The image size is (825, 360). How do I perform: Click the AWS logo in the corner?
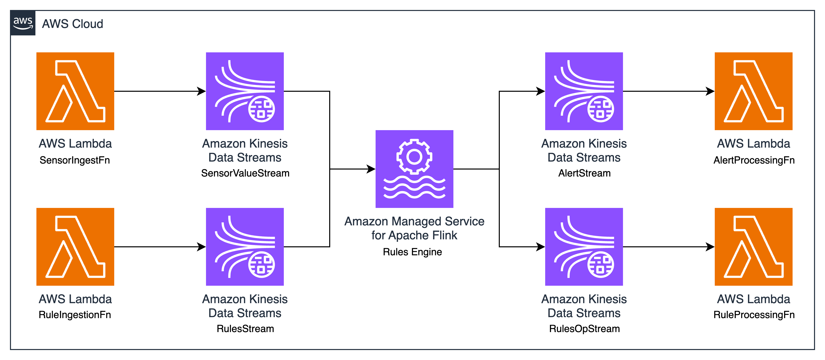[23, 23]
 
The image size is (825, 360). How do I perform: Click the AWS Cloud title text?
[72, 24]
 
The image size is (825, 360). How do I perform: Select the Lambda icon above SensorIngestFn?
[75, 91]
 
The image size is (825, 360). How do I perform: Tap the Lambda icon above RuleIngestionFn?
[75, 247]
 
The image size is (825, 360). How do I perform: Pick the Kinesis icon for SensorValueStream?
[245, 91]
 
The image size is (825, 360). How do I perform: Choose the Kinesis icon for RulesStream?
[245, 247]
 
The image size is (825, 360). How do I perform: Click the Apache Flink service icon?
[414, 169]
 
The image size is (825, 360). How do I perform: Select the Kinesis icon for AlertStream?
[584, 91]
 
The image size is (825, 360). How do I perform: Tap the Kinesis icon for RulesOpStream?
[584, 247]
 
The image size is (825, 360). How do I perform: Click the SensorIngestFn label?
[75, 160]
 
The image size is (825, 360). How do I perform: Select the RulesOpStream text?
[584, 329]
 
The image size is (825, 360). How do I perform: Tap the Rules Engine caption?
[412, 252]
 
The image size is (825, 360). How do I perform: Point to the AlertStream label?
[584, 173]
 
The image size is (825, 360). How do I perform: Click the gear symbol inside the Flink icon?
[414, 157]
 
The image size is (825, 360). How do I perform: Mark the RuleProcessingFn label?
[754, 315]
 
